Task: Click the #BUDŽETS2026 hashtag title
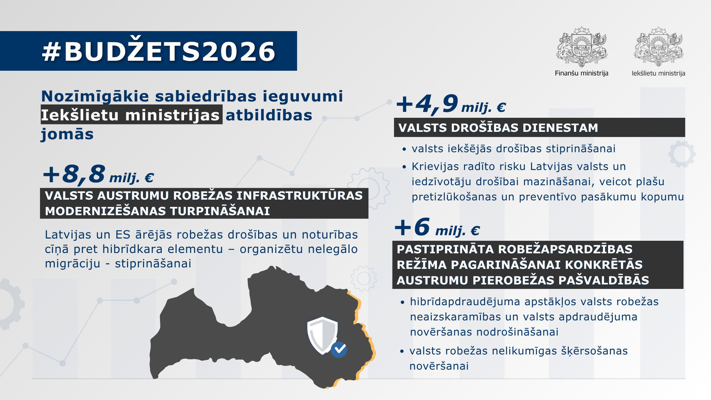(158, 51)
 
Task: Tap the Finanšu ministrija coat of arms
(581, 47)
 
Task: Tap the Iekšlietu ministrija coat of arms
(658, 47)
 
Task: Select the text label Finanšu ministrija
(581, 73)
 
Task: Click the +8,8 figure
(74, 174)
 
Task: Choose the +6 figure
(412, 227)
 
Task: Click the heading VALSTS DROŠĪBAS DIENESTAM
(498, 128)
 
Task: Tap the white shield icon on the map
(322, 334)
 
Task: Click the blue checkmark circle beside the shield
(339, 349)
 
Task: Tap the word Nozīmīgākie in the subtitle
(95, 96)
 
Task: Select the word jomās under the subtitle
(67, 134)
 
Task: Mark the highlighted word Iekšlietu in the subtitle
(80, 115)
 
